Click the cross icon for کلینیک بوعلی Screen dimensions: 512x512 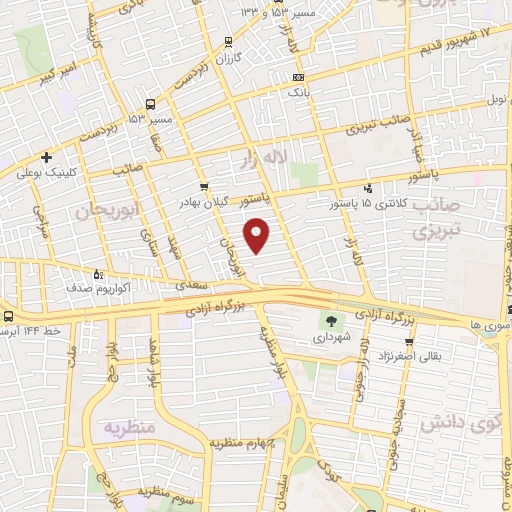(46, 157)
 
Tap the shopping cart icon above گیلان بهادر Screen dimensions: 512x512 (204, 186)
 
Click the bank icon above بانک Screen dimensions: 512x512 (297, 77)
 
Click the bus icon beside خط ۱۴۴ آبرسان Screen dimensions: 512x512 (5, 315)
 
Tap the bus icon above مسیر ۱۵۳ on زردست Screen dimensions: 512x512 (149, 103)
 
